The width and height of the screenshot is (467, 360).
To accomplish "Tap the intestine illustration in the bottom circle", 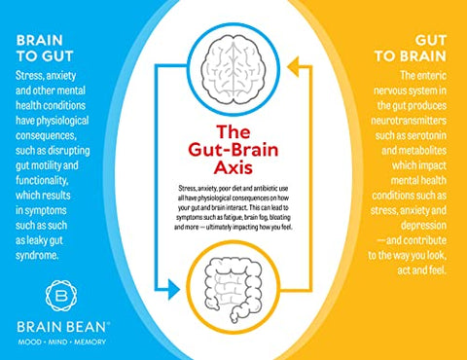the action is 233,291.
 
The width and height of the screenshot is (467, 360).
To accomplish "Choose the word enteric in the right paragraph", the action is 432,74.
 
